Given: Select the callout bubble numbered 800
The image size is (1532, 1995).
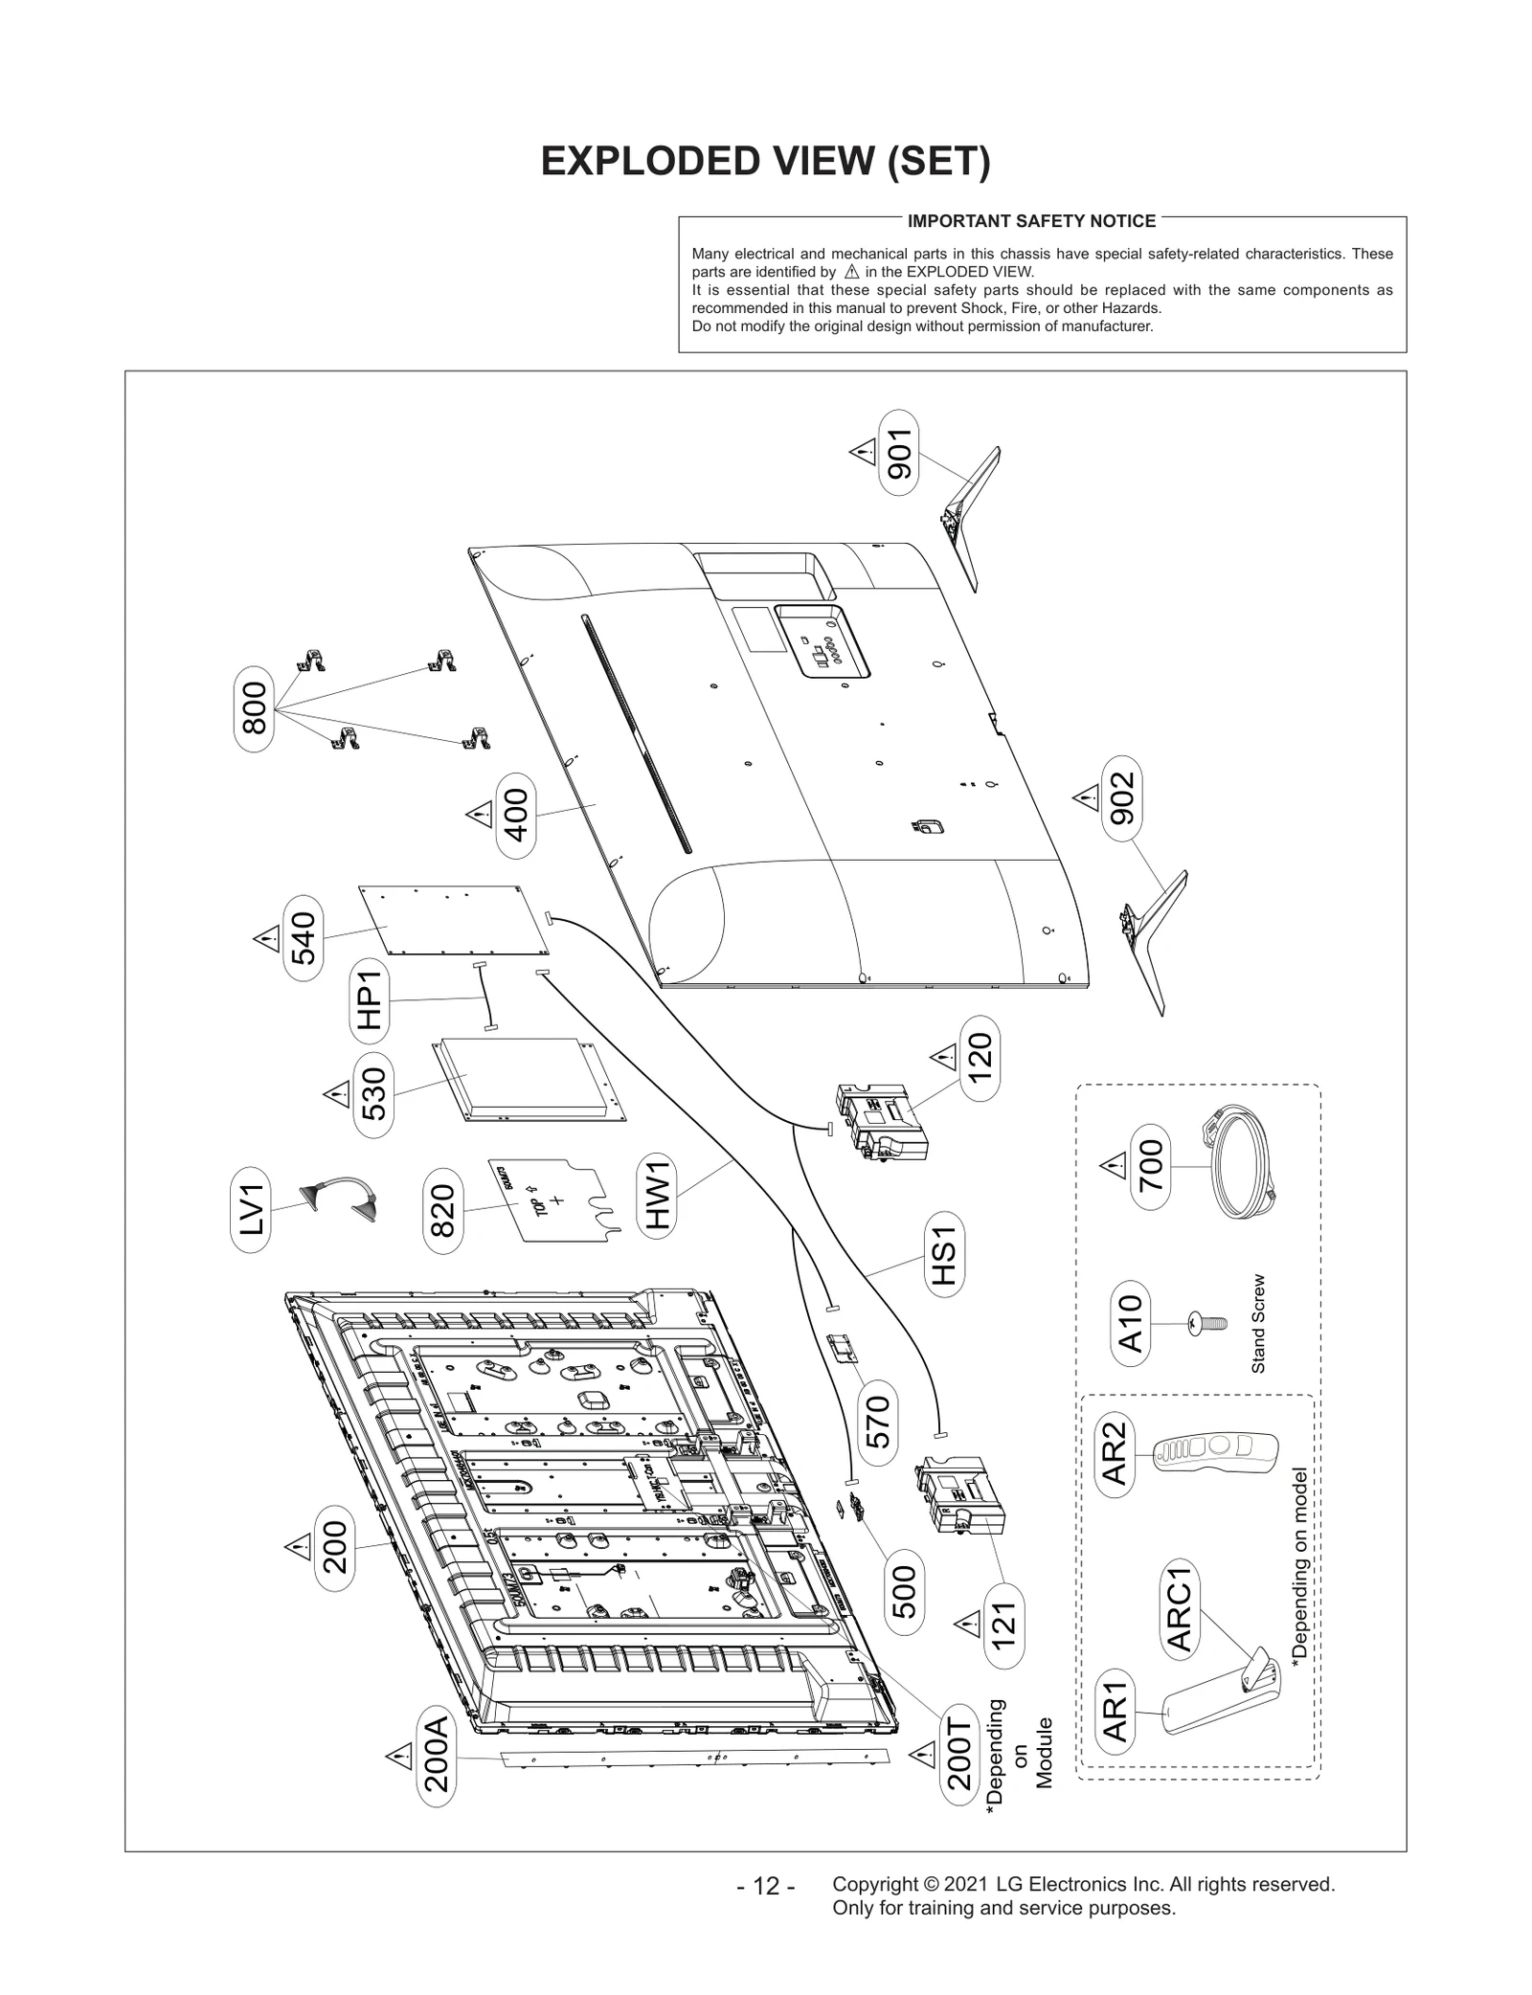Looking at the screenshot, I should point(254,709).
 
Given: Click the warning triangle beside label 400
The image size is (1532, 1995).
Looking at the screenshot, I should point(479,816).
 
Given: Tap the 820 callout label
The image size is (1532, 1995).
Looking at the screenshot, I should point(443,1210).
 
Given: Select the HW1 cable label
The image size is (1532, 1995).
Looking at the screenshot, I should point(657,1195).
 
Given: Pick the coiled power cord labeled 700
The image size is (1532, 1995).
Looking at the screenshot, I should point(1241,1164).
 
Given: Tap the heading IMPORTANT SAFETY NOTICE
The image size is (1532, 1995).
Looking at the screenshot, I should point(1031,221).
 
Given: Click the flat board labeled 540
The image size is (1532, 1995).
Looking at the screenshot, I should point(455,921).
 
